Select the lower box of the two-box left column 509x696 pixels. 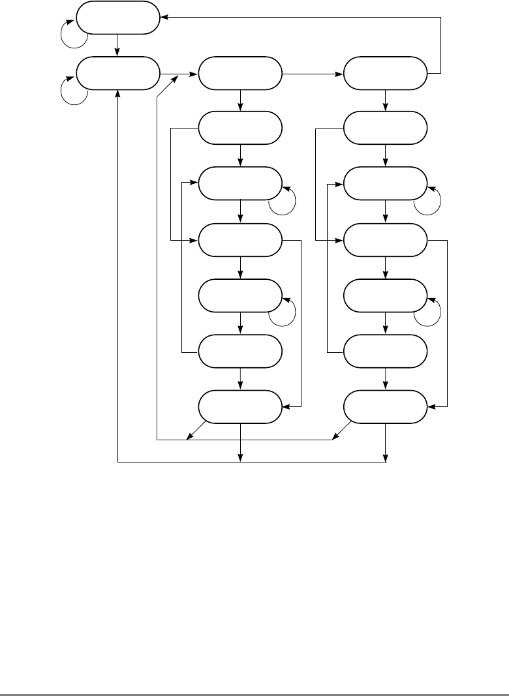pyautogui.click(x=118, y=73)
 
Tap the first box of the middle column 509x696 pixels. pyautogui.click(x=240, y=73)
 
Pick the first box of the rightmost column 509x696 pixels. pyautogui.click(x=386, y=73)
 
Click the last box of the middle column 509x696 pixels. pyautogui.click(x=240, y=407)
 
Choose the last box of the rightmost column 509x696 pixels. pyautogui.click(x=386, y=407)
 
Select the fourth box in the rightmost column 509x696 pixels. pyautogui.click(x=386, y=240)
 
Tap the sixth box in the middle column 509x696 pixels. pyautogui.click(x=240, y=351)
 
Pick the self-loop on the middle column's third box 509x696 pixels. pyautogui.click(x=282, y=200)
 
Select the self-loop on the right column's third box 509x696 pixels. pyautogui.click(x=427, y=200)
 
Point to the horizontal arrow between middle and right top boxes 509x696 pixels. pyautogui.click(x=313, y=73)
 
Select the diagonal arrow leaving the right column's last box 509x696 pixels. pyautogui.click(x=341, y=430)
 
